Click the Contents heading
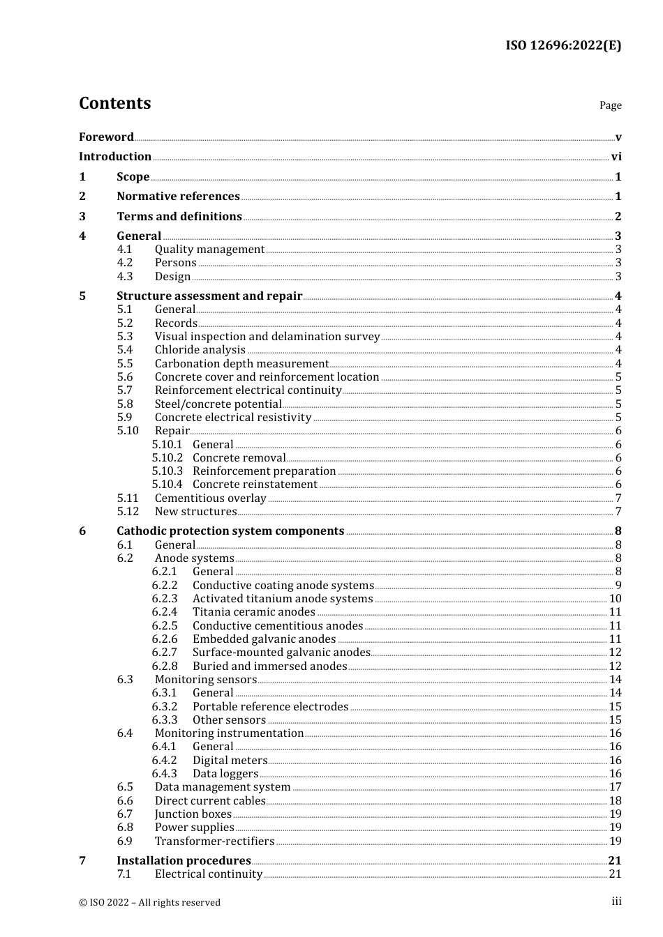(114, 103)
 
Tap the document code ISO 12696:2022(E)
(563, 45)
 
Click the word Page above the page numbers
(610, 105)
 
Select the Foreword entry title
(106, 137)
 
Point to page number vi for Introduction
(616, 157)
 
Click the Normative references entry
(178, 197)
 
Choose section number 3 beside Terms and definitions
(82, 217)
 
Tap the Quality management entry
(209, 250)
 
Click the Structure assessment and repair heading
(209, 296)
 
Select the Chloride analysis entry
(200, 350)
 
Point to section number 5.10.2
(167, 458)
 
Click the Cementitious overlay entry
(210, 498)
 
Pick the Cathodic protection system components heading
(230, 531)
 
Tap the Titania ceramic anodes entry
(254, 612)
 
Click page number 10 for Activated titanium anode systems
(615, 599)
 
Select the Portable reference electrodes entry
(270, 707)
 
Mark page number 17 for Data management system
(615, 787)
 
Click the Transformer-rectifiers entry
(214, 841)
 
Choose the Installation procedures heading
(184, 861)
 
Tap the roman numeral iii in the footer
(616, 901)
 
